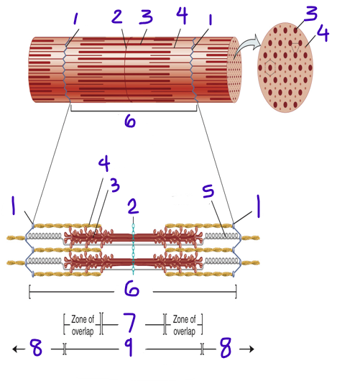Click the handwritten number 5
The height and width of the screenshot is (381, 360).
(208, 192)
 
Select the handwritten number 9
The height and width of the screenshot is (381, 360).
(129, 349)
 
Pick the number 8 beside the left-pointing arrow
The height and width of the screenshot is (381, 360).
(36, 349)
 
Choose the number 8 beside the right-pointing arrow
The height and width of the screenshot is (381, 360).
(225, 349)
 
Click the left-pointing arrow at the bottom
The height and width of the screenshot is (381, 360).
(16, 349)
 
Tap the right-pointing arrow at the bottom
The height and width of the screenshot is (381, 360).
(249, 349)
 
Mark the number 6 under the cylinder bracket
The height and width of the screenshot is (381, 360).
(129, 121)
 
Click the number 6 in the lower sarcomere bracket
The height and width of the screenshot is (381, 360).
(131, 289)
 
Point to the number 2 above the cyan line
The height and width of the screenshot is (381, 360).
(132, 208)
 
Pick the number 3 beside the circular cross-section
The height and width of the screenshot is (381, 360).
(310, 13)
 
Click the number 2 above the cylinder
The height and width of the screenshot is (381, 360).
(117, 17)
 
